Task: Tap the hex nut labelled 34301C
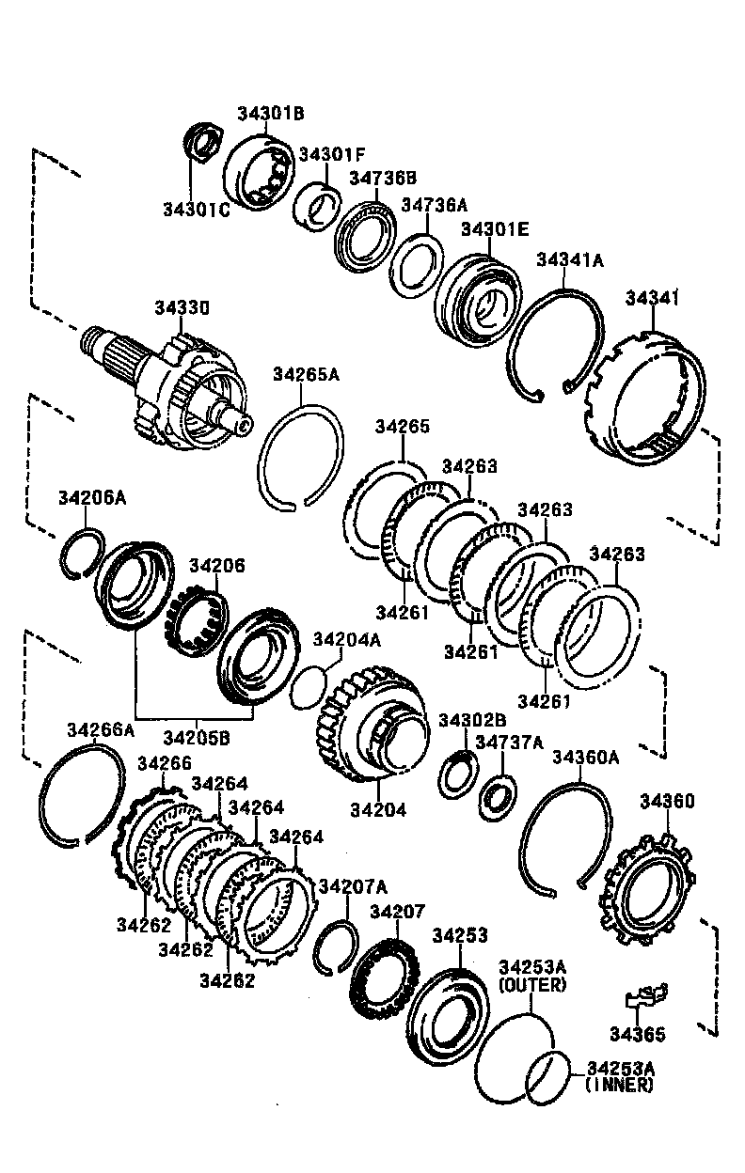(x=200, y=142)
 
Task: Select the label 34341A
(x=569, y=260)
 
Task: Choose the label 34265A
(x=306, y=374)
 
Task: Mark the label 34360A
(x=586, y=757)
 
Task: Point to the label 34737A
(x=509, y=743)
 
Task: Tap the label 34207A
(x=353, y=887)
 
